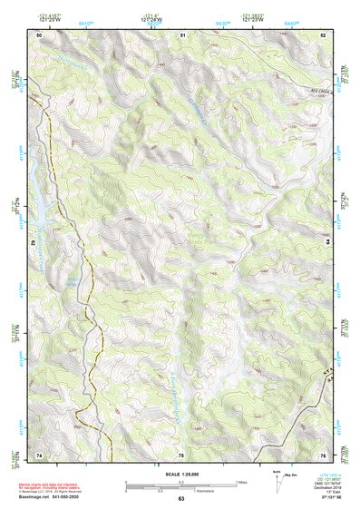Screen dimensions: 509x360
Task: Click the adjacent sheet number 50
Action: point(39,34)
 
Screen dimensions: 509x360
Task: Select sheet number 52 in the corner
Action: point(323,34)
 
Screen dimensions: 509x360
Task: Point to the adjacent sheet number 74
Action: point(39,454)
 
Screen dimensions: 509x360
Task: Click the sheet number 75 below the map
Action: point(181,454)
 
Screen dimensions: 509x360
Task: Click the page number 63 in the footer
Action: point(181,499)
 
